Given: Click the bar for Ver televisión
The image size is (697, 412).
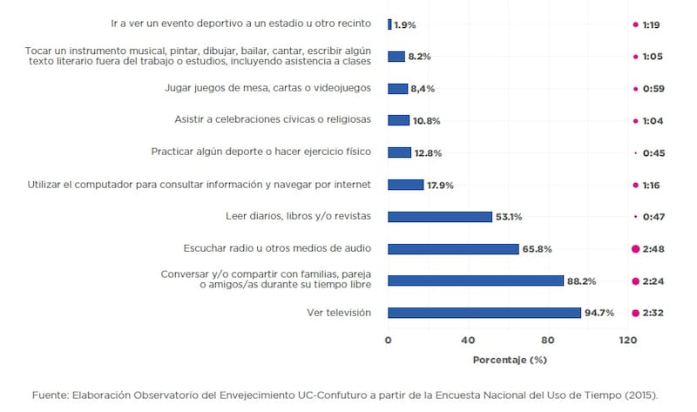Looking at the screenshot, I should pyautogui.click(x=484, y=313).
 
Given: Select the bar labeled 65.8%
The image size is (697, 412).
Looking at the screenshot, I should pyautogui.click(x=453, y=249).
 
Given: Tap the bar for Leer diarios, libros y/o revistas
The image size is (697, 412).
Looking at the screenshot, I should pyautogui.click(x=440, y=217).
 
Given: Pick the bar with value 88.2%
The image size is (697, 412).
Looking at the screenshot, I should pyautogui.click(x=476, y=280).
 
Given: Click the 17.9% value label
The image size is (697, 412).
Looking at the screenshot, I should pyautogui.click(x=440, y=185).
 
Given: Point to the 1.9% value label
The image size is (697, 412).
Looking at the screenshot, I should pyautogui.click(x=405, y=25).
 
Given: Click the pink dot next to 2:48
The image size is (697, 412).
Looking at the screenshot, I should pyautogui.click(x=635, y=249).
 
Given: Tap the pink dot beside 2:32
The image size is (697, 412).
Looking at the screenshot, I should pyautogui.click(x=635, y=313).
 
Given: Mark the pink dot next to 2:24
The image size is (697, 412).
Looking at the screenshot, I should pyautogui.click(x=635, y=280).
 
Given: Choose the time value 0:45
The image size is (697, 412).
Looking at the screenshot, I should pyautogui.click(x=654, y=152).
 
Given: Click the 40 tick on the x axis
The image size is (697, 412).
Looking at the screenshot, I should pyautogui.click(x=468, y=341).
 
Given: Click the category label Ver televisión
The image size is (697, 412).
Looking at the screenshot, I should pyautogui.click(x=339, y=313).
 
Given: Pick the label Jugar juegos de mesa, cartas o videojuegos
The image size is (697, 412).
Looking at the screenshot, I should pyautogui.click(x=268, y=88).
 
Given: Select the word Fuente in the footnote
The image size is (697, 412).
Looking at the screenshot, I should pyautogui.click(x=51, y=395).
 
